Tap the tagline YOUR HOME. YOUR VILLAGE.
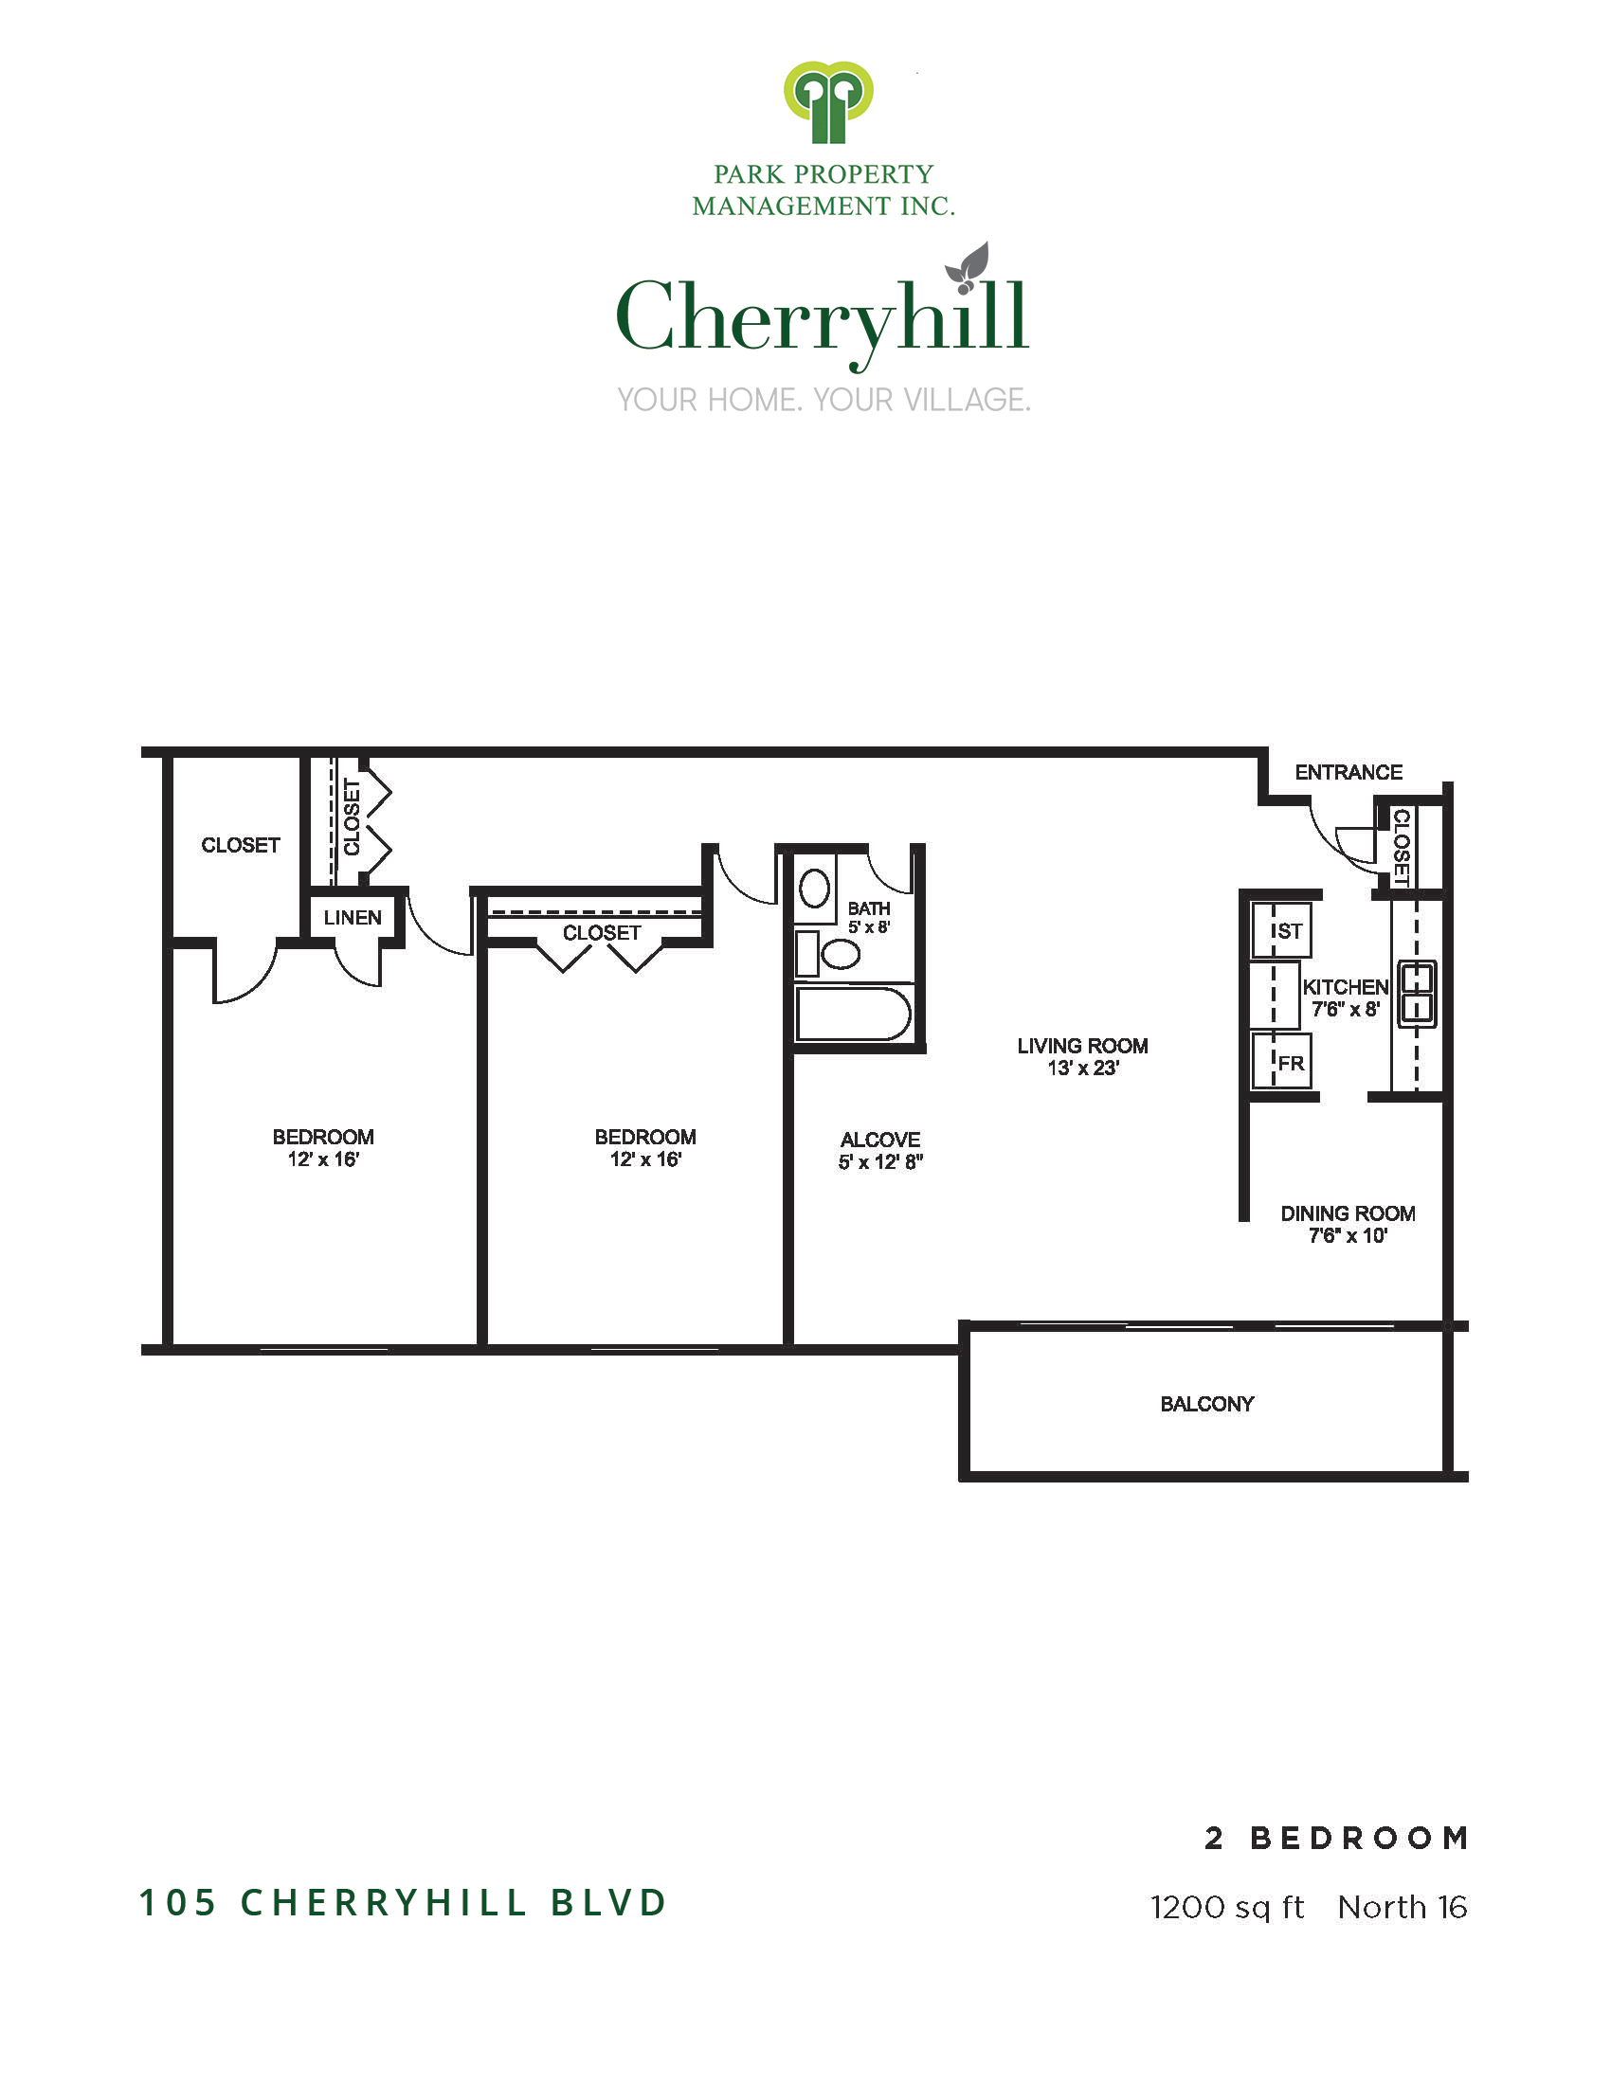[824, 400]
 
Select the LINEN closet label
[353, 917]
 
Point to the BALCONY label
[1207, 1404]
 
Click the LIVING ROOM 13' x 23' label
[1082, 1056]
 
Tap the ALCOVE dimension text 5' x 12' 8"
[881, 1162]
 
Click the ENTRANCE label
[1349, 772]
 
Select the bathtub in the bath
[853, 1014]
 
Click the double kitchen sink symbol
[1418, 995]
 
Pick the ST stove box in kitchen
[1282, 930]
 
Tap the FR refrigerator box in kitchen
[1282, 1061]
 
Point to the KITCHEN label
[1346, 987]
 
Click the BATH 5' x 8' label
[869, 917]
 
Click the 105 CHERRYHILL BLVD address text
[403, 1902]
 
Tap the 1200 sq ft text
[1227, 1907]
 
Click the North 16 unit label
[1402, 1907]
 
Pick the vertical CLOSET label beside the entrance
[1401, 846]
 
